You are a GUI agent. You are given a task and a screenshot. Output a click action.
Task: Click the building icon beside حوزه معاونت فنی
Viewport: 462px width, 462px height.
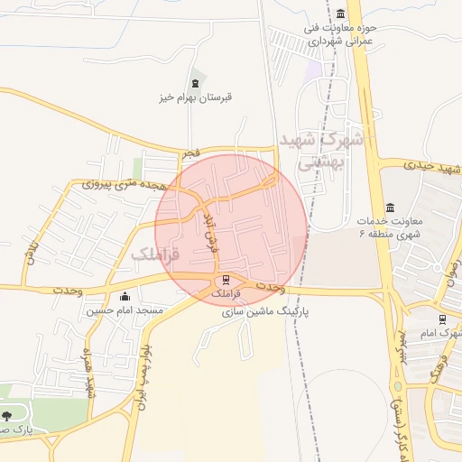[340, 14]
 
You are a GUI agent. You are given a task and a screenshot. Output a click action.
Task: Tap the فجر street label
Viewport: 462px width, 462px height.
[189, 155]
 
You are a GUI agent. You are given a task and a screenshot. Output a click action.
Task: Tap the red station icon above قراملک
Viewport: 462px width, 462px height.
[226, 279]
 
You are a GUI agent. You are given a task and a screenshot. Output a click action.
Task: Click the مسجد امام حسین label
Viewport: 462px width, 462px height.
[125, 310]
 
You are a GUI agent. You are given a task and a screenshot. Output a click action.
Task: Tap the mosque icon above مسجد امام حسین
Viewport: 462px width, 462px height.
[125, 297]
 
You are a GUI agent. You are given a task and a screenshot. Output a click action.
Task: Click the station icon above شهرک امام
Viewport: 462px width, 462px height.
[441, 319]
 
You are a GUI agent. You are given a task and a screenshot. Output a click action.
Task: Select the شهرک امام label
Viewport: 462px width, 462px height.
[442, 334]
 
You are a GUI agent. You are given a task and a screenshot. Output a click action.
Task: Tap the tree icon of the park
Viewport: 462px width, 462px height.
[7, 416]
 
